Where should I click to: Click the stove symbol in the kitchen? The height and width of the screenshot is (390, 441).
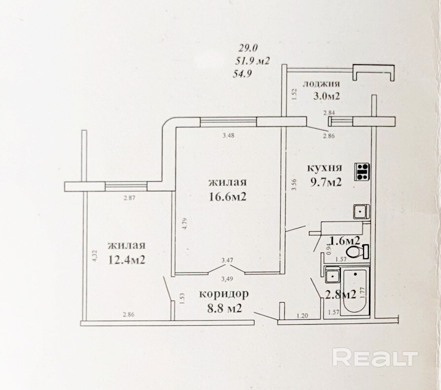pos(363,171)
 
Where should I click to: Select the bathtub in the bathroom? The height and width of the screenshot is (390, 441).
pos(355,292)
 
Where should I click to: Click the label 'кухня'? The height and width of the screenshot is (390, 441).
pos(324,167)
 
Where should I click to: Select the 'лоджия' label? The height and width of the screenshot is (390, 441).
pos(322,83)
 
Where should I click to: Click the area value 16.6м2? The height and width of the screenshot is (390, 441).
pos(227,197)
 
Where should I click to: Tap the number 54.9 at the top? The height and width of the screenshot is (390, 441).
pos(242,75)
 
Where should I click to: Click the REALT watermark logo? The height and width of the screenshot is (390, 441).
pos(374,357)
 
